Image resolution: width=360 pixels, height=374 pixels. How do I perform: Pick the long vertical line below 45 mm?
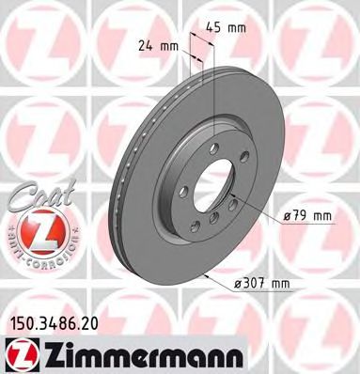(214, 94)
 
